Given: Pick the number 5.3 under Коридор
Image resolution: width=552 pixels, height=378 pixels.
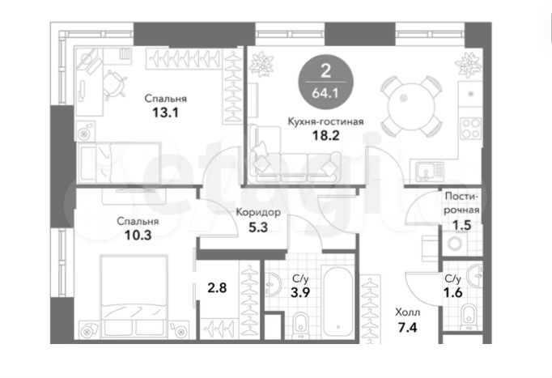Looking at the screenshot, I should pos(258,227).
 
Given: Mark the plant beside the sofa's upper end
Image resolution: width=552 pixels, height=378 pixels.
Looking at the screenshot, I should pos(263,63).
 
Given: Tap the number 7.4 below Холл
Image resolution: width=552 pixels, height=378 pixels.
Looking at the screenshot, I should pos(406,329).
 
